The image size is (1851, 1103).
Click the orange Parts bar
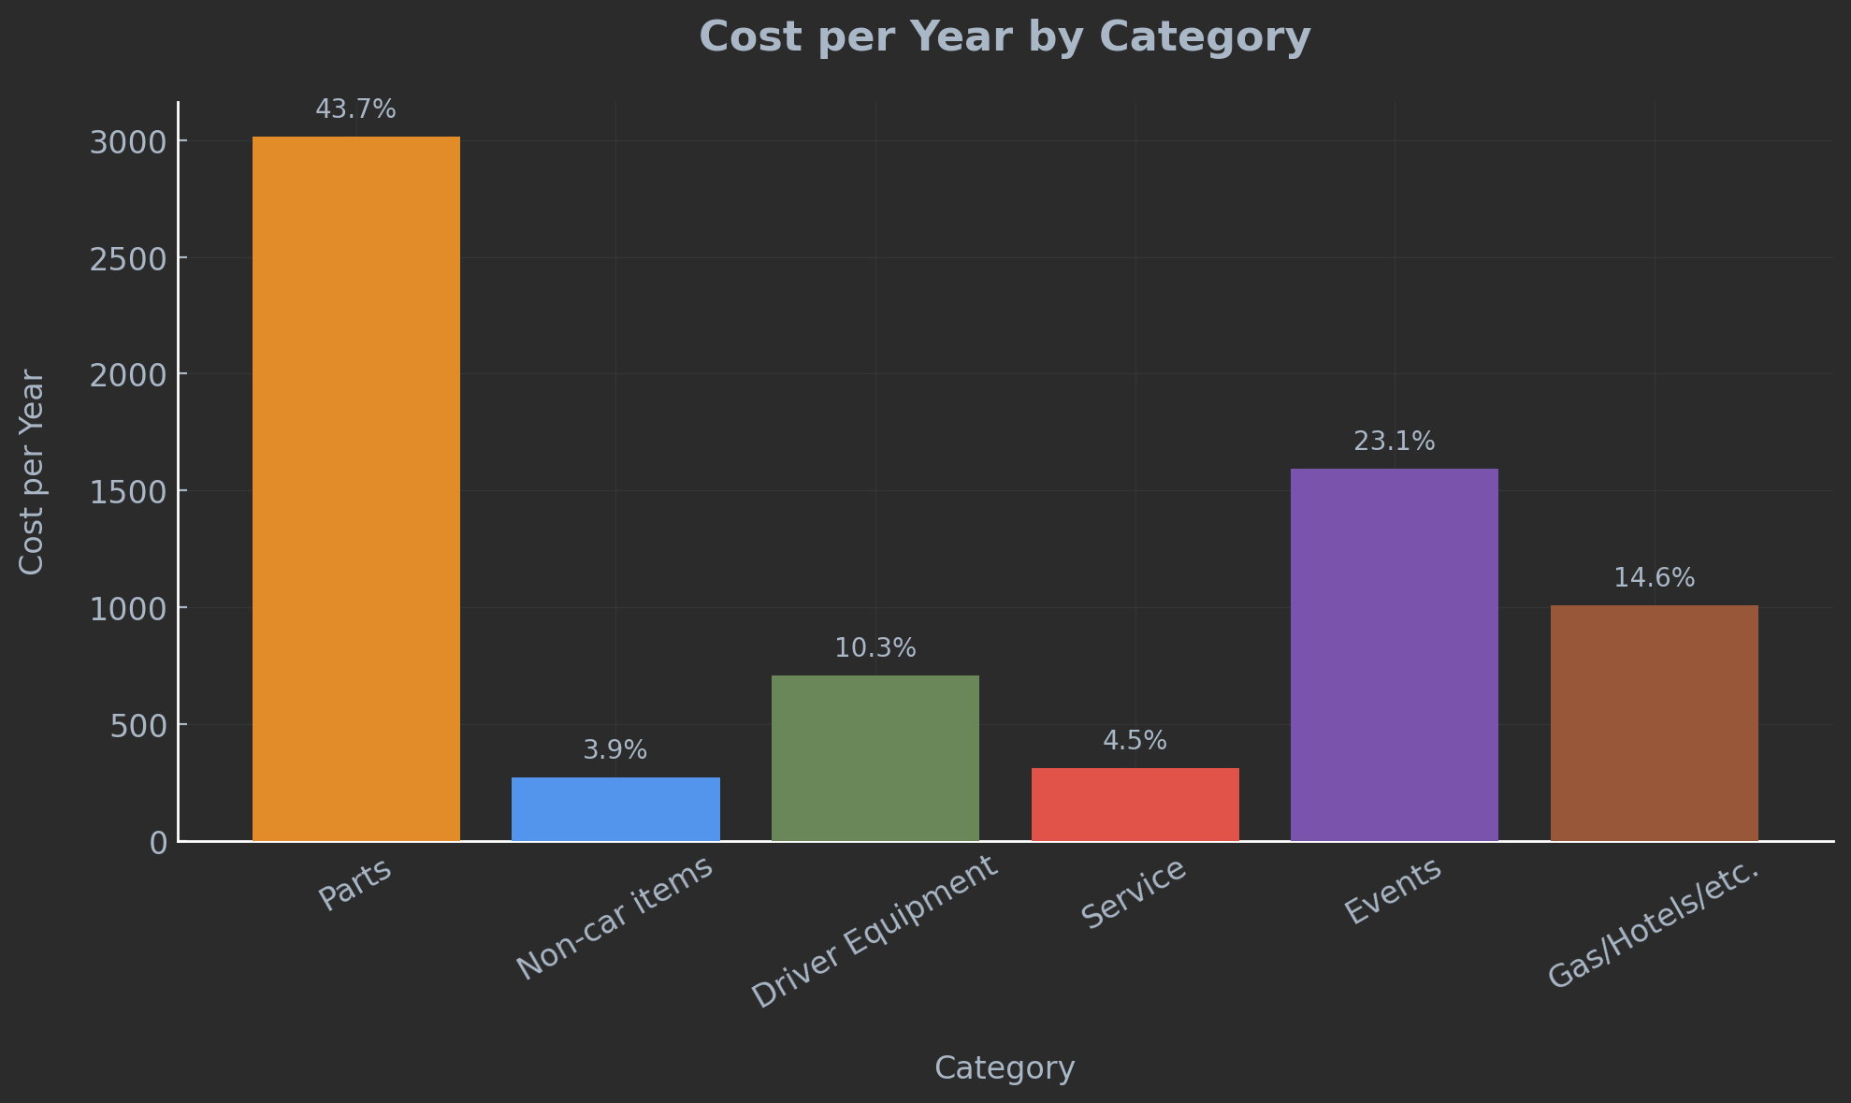coord(355,488)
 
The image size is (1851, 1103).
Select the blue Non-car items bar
coord(615,809)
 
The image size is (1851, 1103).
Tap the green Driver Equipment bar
coord(875,758)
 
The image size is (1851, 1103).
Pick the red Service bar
coord(1135,805)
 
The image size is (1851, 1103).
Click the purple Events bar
coord(1394,655)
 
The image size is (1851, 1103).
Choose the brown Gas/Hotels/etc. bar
coord(1654,723)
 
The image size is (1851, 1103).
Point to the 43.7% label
coord(355,109)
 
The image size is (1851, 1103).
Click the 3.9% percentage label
coord(615,750)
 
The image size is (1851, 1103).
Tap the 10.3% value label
coord(875,648)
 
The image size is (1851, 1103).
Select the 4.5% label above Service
coord(1135,741)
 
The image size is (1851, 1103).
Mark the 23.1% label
coord(1394,442)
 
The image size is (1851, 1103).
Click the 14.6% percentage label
coord(1654,578)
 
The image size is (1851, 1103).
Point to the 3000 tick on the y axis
coord(128,142)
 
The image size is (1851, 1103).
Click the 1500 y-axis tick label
coord(128,492)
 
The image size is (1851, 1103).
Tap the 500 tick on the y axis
coord(138,726)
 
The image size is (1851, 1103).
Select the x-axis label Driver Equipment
coord(875,933)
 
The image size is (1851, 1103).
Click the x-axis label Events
coord(1393,893)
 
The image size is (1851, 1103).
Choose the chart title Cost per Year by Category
coord(1005,37)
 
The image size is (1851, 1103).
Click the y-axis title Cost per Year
coord(32,472)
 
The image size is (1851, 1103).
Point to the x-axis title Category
coord(1005,1068)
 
